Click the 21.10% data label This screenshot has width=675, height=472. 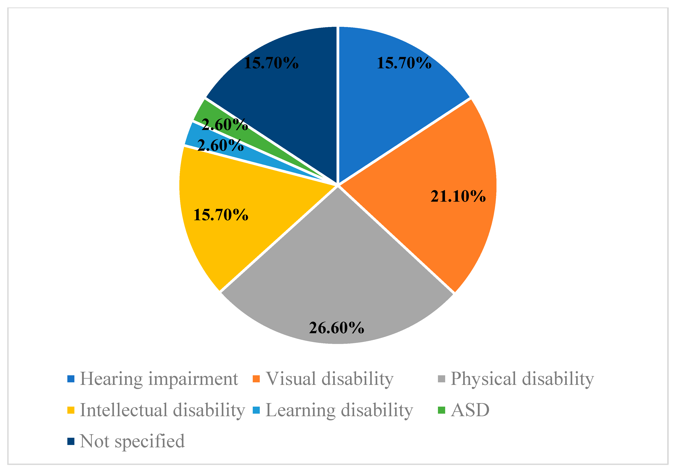click(458, 196)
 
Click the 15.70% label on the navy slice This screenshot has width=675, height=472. click(271, 63)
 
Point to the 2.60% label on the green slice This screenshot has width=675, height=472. click(225, 125)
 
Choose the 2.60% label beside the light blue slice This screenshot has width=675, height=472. click(220, 145)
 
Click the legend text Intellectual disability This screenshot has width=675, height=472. click(162, 410)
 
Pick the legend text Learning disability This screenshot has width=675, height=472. click(339, 410)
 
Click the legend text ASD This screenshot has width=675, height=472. click(470, 410)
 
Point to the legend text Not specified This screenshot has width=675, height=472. click(132, 441)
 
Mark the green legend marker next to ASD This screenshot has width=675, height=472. click(442, 410)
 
